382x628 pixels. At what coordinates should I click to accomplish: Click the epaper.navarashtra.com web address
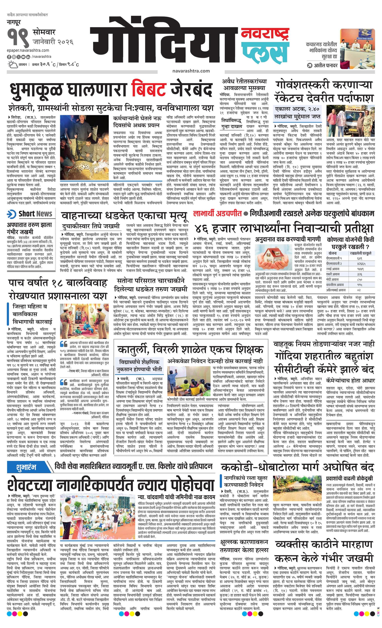point(28,50)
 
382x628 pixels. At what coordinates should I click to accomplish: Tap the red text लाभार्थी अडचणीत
point(217,214)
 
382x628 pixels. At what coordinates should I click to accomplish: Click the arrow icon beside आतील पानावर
point(309,66)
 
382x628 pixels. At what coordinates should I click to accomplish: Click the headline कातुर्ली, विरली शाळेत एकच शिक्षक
point(190,349)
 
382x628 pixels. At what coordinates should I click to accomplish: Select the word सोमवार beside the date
point(44,33)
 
